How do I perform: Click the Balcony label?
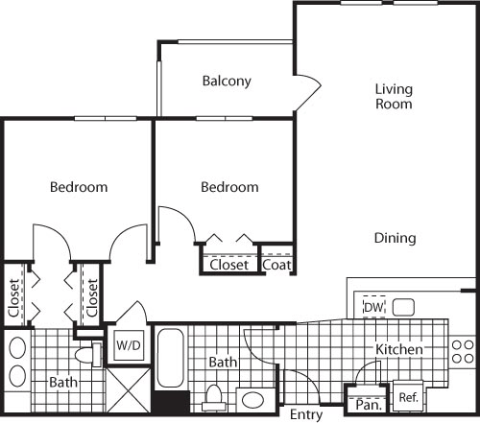[227, 82]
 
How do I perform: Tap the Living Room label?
[394, 96]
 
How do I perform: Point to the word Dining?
[395, 238]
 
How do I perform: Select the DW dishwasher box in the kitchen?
[373, 307]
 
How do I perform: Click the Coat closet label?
[277, 265]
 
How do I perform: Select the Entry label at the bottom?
[306, 414]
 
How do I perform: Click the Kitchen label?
[398, 350]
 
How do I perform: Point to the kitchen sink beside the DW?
[402, 308]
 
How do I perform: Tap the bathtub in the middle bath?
[172, 360]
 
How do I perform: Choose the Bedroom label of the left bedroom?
[79, 187]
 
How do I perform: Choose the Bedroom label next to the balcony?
[229, 187]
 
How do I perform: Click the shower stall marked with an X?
[127, 391]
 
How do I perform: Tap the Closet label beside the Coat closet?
[229, 265]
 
